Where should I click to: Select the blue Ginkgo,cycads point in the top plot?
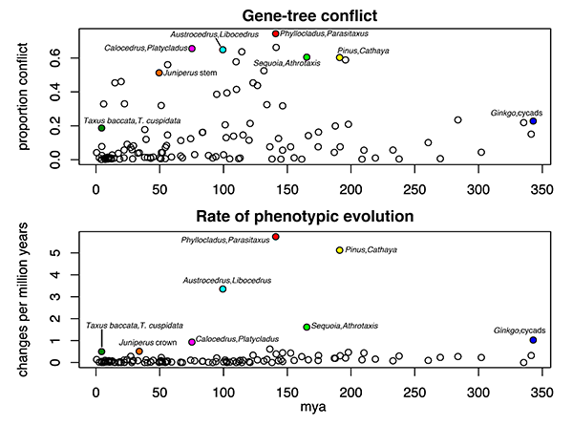(x=533, y=121)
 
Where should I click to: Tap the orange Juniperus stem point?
(x=159, y=73)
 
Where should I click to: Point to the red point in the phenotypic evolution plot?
(x=276, y=237)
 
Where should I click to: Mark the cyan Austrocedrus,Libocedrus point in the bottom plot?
(x=223, y=289)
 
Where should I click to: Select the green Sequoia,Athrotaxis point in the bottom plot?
(x=307, y=327)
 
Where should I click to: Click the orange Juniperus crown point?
(x=139, y=351)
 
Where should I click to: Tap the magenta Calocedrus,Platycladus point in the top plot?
(x=192, y=49)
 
